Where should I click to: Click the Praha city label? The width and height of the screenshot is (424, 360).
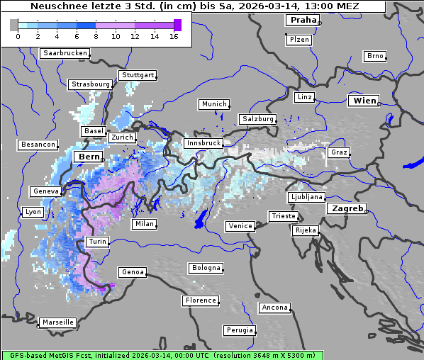[x=302, y=20]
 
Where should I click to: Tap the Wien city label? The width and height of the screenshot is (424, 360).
[x=364, y=101]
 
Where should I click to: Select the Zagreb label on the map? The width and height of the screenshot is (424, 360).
[x=346, y=208]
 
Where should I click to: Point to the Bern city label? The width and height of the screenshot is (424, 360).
[x=89, y=156]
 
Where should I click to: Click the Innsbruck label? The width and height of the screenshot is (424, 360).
[x=203, y=143]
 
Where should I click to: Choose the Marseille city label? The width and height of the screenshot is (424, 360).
[x=58, y=322]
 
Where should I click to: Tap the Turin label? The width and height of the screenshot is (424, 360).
[x=98, y=242]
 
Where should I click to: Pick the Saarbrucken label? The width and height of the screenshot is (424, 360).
[x=65, y=53]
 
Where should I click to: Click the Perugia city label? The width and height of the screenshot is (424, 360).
[x=240, y=330]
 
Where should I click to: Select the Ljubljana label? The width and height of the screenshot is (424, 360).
[x=306, y=197]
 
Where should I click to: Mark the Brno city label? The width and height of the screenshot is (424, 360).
[x=374, y=56]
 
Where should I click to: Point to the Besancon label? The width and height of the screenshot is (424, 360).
[x=38, y=145]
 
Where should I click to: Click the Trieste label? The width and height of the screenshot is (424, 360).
[x=283, y=216]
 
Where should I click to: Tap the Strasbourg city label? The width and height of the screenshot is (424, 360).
[x=91, y=84]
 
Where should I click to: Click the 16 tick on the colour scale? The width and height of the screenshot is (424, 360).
[x=174, y=35]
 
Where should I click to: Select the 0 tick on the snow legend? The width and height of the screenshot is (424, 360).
[x=18, y=35]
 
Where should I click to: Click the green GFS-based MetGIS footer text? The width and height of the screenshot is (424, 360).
[x=162, y=355]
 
